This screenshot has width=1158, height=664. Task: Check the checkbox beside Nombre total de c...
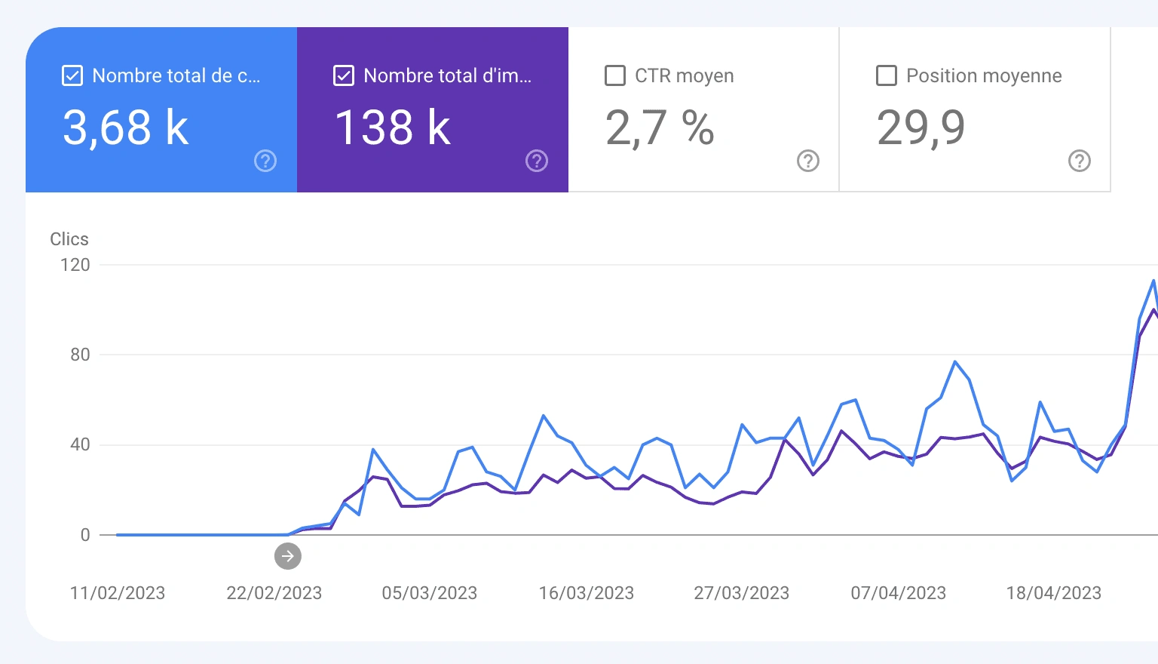click(x=72, y=75)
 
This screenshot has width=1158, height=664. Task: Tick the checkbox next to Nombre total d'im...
click(x=344, y=75)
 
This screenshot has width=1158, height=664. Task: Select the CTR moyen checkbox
click(x=615, y=75)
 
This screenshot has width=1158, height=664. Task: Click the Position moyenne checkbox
click(x=887, y=75)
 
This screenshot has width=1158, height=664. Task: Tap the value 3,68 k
click(x=125, y=127)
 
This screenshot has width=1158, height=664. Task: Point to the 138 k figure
click(x=392, y=127)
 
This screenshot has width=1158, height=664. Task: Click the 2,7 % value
click(x=660, y=127)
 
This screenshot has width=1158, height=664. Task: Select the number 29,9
click(x=921, y=127)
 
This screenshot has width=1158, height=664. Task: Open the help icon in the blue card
click(x=265, y=161)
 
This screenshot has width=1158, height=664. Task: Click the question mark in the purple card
click(x=537, y=161)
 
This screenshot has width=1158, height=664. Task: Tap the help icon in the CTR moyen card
click(x=808, y=161)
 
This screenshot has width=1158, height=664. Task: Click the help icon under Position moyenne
click(x=1080, y=161)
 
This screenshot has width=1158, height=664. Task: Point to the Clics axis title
click(x=69, y=239)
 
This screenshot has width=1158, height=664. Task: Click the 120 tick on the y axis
click(x=75, y=265)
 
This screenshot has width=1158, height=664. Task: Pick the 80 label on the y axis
click(x=80, y=355)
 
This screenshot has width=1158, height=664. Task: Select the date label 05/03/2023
click(x=430, y=593)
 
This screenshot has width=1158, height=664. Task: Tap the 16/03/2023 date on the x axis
click(x=587, y=593)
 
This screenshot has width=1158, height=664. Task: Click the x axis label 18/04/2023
click(x=1054, y=593)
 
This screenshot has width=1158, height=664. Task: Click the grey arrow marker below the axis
click(x=288, y=556)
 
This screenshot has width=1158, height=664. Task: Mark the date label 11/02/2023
click(x=118, y=593)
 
